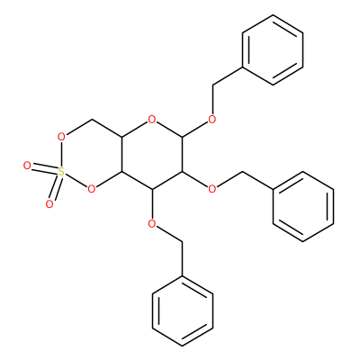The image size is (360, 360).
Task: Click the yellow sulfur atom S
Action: pos(61,172)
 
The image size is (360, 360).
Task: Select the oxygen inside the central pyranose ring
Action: pos(152,120)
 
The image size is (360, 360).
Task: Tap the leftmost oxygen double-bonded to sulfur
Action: pos(27,166)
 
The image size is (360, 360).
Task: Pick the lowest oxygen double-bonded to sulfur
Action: pos(49,204)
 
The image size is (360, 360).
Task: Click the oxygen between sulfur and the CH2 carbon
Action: pos(61,137)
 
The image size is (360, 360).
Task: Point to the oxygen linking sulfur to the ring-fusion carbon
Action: pos(92,189)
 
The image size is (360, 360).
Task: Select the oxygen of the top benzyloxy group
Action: pos(212,120)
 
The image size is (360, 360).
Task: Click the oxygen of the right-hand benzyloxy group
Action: pos(212,189)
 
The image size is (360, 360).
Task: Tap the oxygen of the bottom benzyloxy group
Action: pos(152,224)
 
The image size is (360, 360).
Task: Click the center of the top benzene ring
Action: pos(273,49)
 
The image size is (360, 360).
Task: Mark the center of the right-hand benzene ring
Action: pos(303,207)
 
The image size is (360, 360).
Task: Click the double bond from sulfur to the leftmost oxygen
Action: pos(44,168)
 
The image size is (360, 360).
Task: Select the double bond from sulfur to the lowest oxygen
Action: pos(56,188)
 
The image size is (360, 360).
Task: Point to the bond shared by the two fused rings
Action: pos(121,155)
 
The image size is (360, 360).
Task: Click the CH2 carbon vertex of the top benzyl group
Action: pos(212,85)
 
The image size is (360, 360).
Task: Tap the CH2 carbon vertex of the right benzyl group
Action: pos(242,172)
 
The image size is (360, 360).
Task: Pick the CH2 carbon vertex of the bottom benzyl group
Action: pos(183,241)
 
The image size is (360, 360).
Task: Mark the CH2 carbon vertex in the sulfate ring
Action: pos(92,120)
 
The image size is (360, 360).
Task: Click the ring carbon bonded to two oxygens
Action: pos(183,137)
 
